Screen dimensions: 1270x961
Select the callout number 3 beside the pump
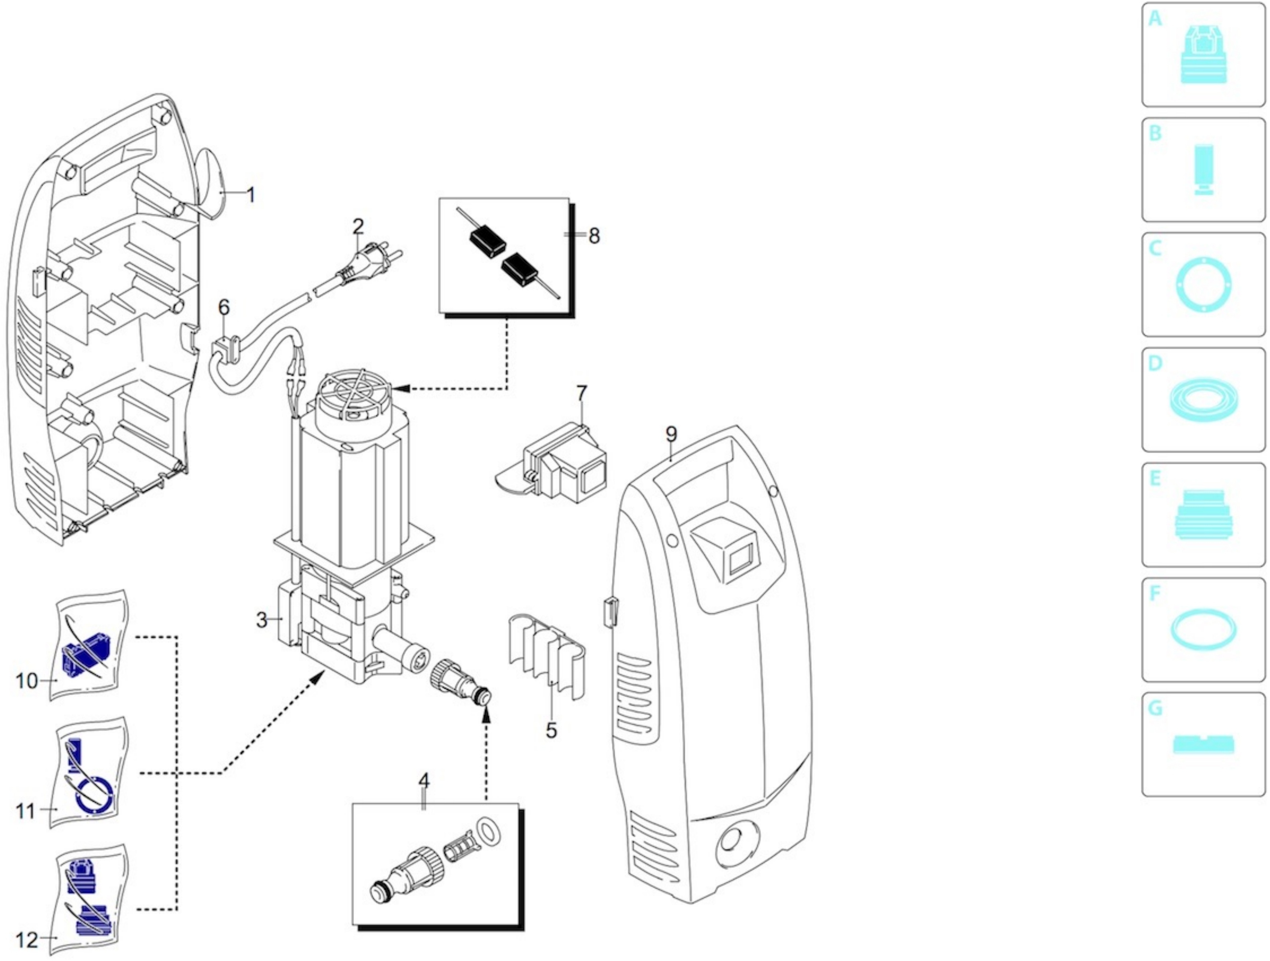[x=262, y=620]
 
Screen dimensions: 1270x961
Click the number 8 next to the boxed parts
[x=594, y=235]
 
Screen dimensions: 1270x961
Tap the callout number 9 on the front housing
[x=671, y=435]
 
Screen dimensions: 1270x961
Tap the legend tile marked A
[x=1204, y=55]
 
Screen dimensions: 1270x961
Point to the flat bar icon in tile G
[x=1204, y=745]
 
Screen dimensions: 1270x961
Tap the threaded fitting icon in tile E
[x=1204, y=514]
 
